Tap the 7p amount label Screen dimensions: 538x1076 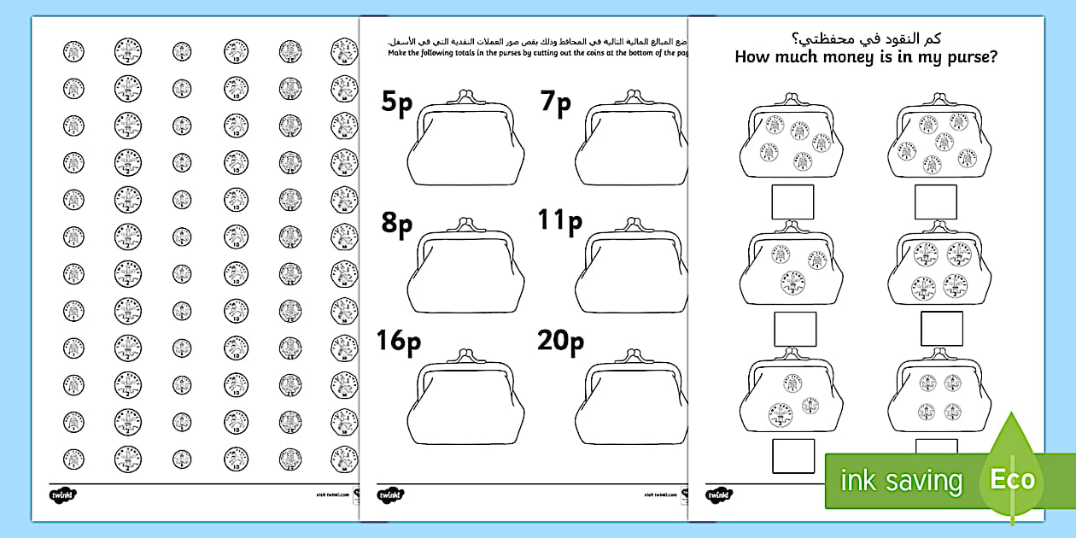click(x=555, y=104)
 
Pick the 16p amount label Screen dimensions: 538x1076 click(x=399, y=342)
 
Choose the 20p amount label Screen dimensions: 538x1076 click(x=560, y=342)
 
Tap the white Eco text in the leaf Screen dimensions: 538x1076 click(x=1012, y=479)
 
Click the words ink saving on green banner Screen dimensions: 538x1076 click(x=900, y=480)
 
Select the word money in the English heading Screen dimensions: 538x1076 click(x=841, y=57)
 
